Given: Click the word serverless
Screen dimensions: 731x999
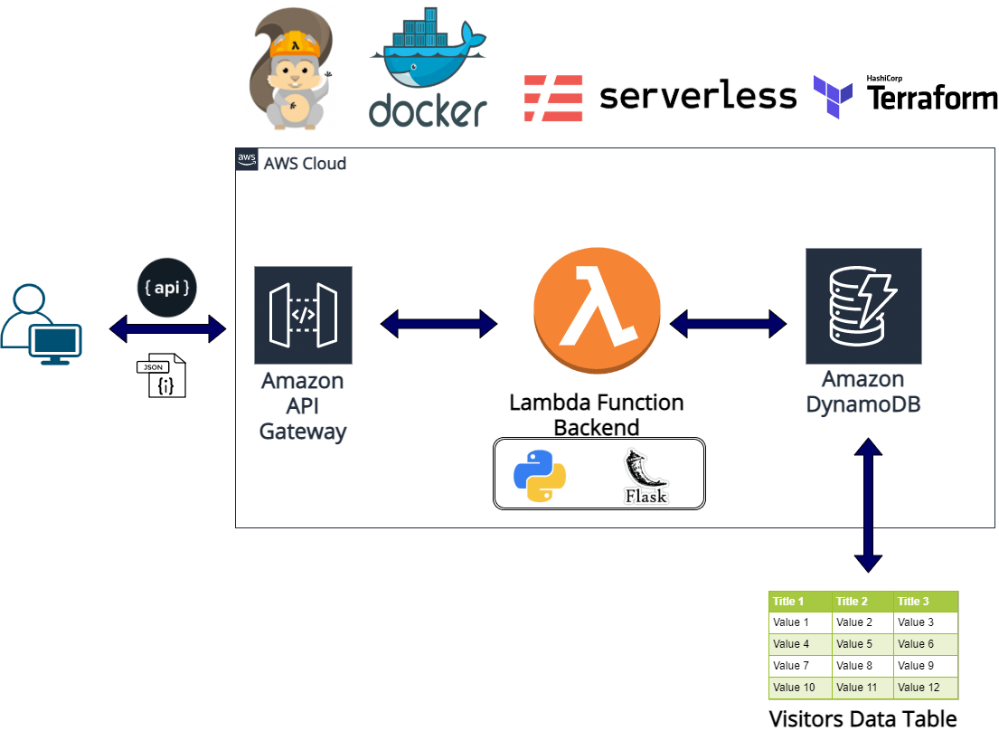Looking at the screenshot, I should pyautogui.click(x=697, y=96).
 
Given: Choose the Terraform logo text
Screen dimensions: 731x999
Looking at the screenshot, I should pyautogui.click(x=932, y=98).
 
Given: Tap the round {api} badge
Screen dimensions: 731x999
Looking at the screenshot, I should pyautogui.click(x=167, y=288).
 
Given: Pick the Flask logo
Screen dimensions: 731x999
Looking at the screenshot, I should pyautogui.click(x=646, y=475).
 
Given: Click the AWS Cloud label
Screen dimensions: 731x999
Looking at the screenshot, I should pyautogui.click(x=304, y=164).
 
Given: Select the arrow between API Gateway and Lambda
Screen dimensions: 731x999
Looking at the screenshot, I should pyautogui.click(x=438, y=323).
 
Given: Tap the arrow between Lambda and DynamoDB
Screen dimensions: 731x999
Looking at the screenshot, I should pyautogui.click(x=728, y=323).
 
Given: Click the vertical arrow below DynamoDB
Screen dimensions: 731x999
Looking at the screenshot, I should pyautogui.click(x=868, y=505).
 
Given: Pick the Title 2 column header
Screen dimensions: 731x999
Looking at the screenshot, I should pyautogui.click(x=853, y=602).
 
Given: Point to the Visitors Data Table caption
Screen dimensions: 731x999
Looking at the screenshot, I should pyautogui.click(x=862, y=719).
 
